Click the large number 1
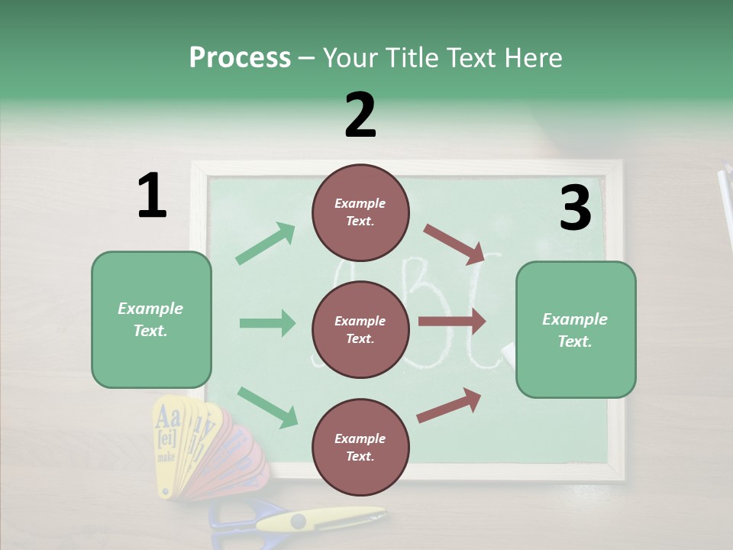pos(152,196)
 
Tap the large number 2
pos(360,115)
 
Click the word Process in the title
pos(240,57)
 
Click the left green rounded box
pos(151,319)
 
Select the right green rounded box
pos(576,329)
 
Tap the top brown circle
pos(360,212)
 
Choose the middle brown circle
pos(360,329)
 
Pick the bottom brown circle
pos(360,447)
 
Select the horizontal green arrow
pos(267,323)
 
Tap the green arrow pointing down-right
pos(267,406)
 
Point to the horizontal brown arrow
pos(451,321)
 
